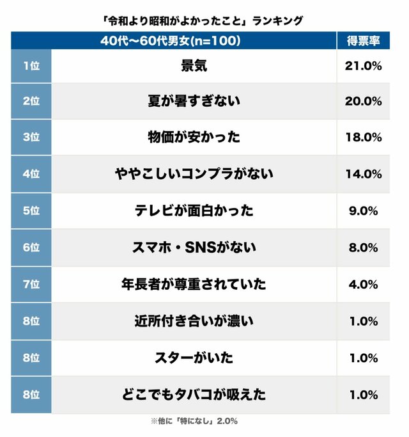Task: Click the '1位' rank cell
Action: pyautogui.click(x=31, y=65)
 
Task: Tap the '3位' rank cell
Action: pyautogui.click(x=31, y=138)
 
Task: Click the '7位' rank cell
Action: pyautogui.click(x=31, y=283)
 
